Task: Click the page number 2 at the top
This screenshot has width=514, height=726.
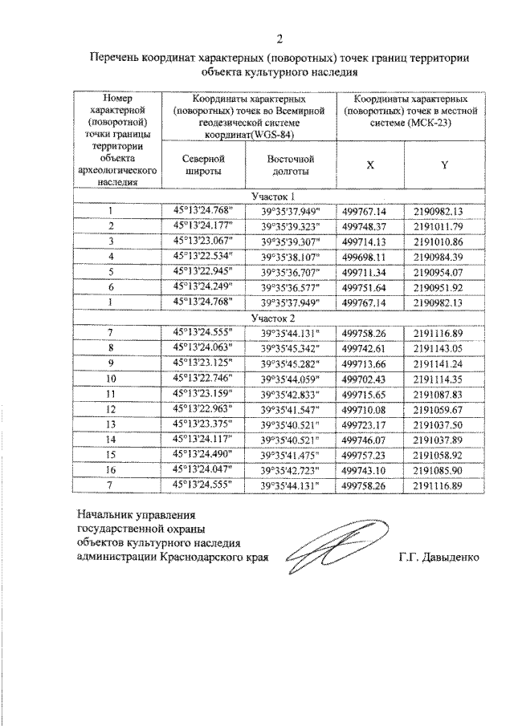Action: click(x=279, y=39)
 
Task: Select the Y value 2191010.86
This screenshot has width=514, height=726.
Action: click(x=439, y=241)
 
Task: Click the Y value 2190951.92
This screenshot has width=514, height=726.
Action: click(x=439, y=287)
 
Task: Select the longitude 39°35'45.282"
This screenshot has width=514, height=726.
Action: click(x=290, y=363)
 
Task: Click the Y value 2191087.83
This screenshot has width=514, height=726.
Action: click(x=439, y=394)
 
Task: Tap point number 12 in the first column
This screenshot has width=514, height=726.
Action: click(x=112, y=409)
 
